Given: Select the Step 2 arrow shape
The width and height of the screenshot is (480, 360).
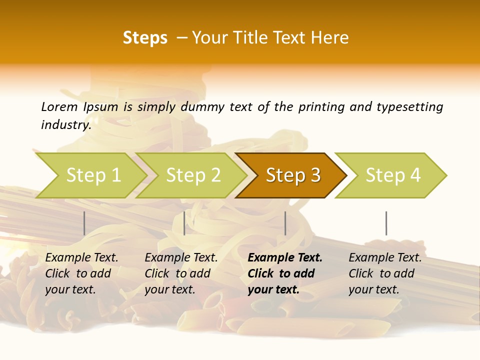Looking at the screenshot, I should (192, 175).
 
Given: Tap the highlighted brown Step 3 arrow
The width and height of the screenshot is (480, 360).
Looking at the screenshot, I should (292, 175).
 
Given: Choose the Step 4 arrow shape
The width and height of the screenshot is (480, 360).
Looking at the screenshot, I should (392, 175).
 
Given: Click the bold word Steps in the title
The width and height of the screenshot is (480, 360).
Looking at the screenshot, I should (145, 37).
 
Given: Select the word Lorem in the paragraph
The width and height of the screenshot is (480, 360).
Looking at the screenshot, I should (59, 106).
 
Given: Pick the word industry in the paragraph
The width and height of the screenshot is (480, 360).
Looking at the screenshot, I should (66, 125).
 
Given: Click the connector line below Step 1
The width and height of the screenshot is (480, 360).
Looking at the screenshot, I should (84, 223).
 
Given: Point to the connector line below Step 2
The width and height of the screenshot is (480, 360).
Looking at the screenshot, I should (184, 223).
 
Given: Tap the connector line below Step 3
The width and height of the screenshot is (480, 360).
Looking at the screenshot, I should (285, 223).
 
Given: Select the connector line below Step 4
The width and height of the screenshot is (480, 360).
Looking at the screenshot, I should (386, 223).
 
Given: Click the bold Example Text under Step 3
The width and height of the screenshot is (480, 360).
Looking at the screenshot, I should (285, 258).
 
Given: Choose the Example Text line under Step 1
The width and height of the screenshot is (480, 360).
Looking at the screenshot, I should (81, 258).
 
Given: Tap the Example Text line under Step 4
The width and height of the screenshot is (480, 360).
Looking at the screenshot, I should (385, 258).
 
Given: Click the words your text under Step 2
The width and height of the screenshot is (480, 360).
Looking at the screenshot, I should (169, 289).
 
